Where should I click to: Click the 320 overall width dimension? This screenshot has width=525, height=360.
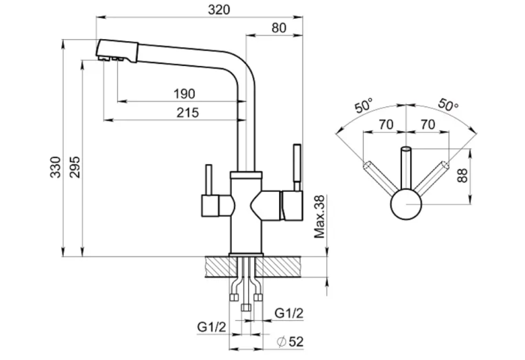[219, 10]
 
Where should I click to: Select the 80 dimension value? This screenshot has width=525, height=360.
[279, 28]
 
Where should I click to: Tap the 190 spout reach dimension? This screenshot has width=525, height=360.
[184, 94]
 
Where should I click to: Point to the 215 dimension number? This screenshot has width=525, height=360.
[187, 112]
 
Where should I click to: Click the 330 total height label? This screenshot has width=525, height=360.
[55, 167]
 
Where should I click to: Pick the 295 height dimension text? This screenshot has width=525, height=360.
[74, 167]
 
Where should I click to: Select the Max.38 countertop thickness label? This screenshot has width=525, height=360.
[319, 217]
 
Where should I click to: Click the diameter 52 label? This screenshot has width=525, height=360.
[290, 341]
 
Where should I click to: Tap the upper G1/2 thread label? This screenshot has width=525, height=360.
[289, 313]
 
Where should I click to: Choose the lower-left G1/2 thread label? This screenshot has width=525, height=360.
[211, 326]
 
